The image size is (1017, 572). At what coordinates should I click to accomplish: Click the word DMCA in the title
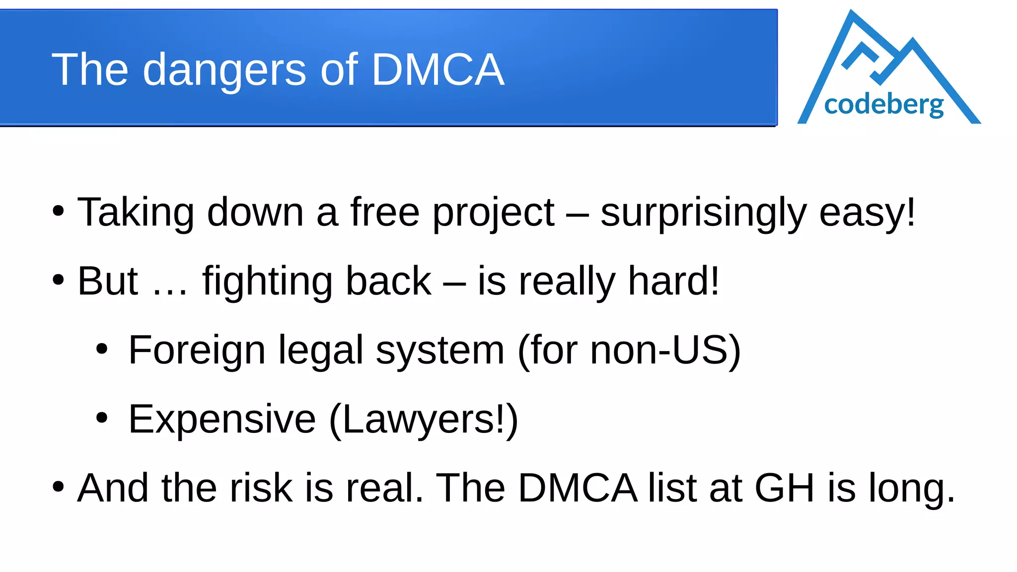[437, 70]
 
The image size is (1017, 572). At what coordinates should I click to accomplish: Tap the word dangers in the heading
[224, 71]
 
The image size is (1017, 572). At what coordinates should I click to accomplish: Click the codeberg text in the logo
[883, 104]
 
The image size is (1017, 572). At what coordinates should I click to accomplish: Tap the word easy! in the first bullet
[867, 213]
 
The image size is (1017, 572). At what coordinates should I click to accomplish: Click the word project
[493, 213]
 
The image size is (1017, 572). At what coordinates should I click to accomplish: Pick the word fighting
[267, 282]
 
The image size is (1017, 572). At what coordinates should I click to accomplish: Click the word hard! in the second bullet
[673, 281]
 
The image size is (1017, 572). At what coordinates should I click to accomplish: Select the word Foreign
[197, 350]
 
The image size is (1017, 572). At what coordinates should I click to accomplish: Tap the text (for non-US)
[629, 350]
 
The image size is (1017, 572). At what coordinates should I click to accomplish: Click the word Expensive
[222, 419]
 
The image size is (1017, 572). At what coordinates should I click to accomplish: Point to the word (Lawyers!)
[424, 419]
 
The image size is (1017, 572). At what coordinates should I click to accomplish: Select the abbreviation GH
[785, 488]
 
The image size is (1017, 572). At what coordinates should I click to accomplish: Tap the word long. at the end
[912, 488]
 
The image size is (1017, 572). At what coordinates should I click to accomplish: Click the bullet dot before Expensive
[102, 418]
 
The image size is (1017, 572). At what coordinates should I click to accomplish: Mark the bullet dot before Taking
[58, 211]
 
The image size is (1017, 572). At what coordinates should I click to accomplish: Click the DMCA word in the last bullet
[578, 488]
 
